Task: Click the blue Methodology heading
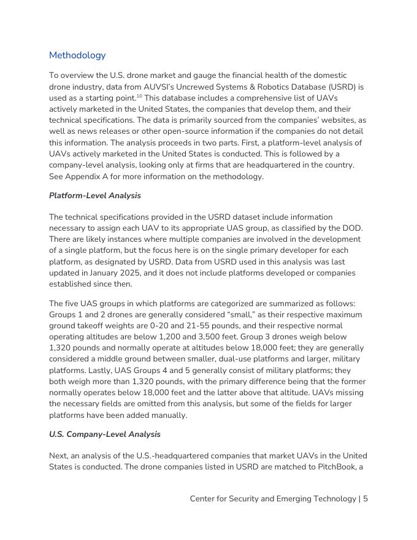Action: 77,55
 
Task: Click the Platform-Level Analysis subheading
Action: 94,196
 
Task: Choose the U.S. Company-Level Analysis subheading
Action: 104,434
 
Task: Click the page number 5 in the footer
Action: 365,499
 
